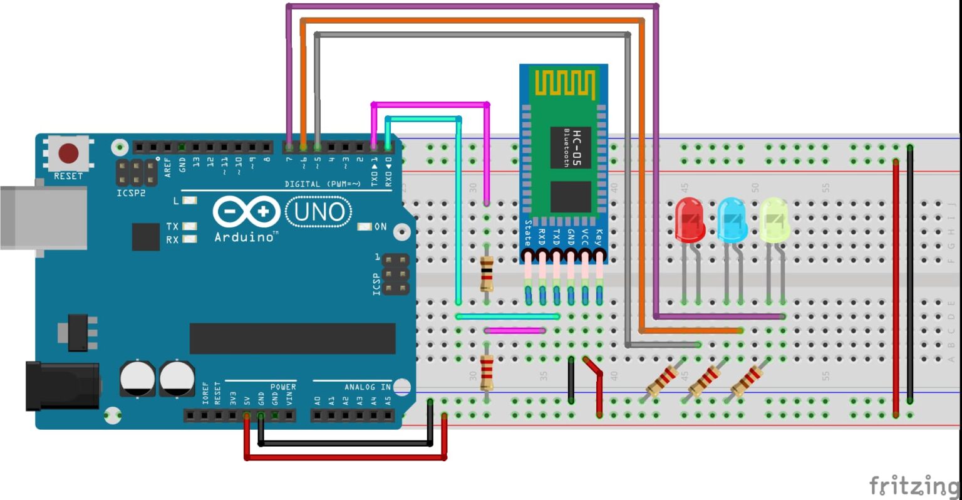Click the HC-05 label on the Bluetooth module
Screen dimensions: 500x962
(577, 148)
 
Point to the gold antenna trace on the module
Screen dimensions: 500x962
(564, 84)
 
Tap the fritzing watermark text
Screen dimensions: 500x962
(914, 486)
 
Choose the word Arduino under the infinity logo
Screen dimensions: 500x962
(244, 237)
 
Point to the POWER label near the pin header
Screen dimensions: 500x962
(282, 387)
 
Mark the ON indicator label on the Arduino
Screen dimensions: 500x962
(380, 227)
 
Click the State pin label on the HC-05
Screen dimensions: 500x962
(528, 232)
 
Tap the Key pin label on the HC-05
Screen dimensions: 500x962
(599, 236)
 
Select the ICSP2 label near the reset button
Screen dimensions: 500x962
(131, 193)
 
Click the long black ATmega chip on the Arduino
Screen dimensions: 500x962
(292, 338)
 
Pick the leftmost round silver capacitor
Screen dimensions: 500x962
(137, 378)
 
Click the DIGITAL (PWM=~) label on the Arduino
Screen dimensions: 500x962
(323, 184)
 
